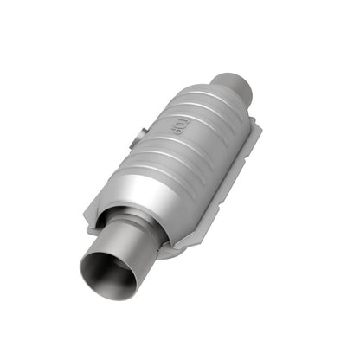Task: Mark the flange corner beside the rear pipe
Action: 259,130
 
